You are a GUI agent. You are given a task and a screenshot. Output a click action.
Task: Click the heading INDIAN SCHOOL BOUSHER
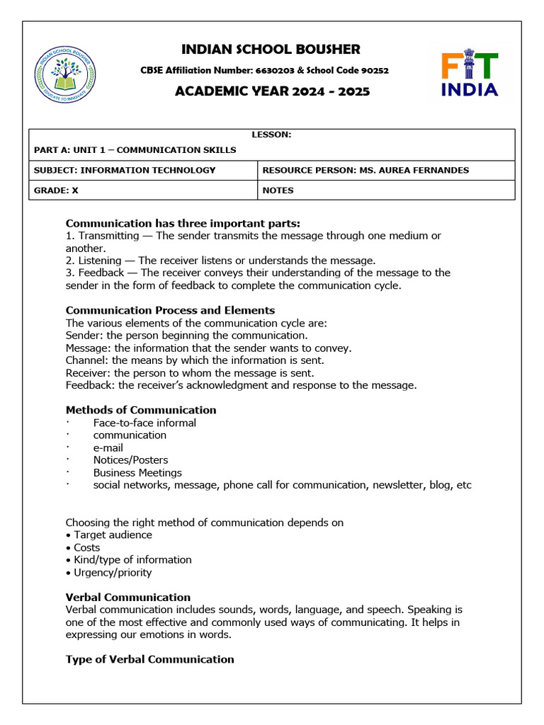tap(271, 50)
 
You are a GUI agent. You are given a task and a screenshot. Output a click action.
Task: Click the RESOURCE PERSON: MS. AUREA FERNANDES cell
tap(365, 171)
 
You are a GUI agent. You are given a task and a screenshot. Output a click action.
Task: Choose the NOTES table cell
tap(278, 190)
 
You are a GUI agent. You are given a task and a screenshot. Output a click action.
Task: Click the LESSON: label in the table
tap(271, 135)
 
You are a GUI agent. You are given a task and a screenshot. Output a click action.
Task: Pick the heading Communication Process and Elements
tap(170, 310)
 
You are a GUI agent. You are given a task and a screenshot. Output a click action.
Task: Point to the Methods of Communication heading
tap(141, 410)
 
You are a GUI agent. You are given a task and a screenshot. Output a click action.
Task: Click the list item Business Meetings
tap(137, 473)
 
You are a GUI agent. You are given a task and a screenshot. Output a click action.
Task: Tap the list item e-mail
tap(108, 447)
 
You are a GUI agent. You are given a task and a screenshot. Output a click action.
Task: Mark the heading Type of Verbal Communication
tap(149, 659)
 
